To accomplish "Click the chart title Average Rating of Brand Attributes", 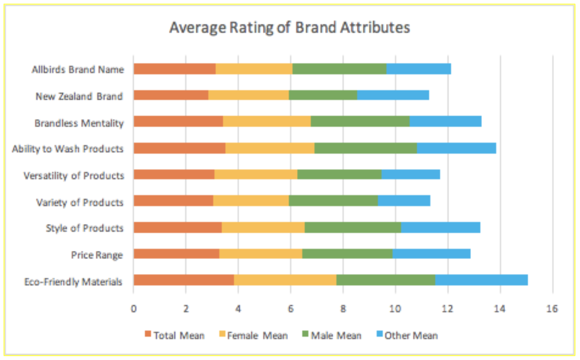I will [289, 27].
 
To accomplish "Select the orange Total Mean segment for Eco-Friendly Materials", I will [183, 280].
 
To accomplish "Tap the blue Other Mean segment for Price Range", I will [431, 253].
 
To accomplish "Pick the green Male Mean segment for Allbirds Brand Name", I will [339, 69].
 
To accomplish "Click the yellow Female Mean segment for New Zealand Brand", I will [248, 95].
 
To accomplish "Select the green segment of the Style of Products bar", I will [353, 227].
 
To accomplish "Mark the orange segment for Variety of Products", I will [173, 201].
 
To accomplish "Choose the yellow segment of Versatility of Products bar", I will [256, 174].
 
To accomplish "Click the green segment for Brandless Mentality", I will [360, 121].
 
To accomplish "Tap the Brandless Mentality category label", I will [79, 123].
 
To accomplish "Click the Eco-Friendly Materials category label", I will [73, 282].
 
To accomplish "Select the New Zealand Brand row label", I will [79, 96].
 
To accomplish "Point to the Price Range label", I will [96, 255].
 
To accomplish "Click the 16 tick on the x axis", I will [552, 308].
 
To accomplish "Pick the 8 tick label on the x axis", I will [343, 308].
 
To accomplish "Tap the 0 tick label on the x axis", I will [133, 308].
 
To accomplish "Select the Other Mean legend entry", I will [411, 335].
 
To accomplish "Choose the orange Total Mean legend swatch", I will [148, 334].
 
